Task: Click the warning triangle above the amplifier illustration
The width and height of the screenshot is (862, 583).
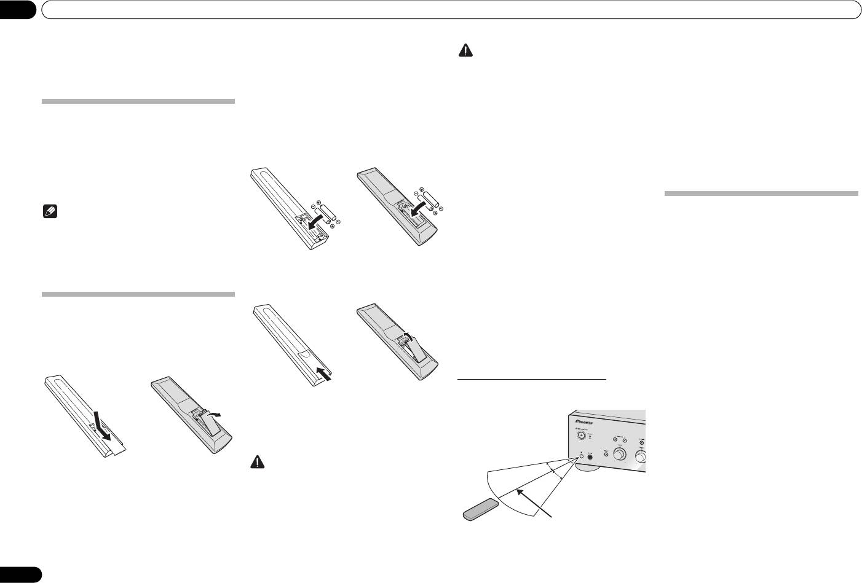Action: (x=465, y=52)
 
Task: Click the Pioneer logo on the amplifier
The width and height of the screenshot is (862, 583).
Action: (x=588, y=422)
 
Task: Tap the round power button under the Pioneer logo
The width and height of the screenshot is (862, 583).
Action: (x=581, y=436)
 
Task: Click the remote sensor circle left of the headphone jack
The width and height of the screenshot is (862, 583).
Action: (x=581, y=456)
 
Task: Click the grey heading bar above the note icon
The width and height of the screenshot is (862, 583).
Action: (x=138, y=101)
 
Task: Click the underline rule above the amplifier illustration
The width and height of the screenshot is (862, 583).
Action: (x=532, y=380)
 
